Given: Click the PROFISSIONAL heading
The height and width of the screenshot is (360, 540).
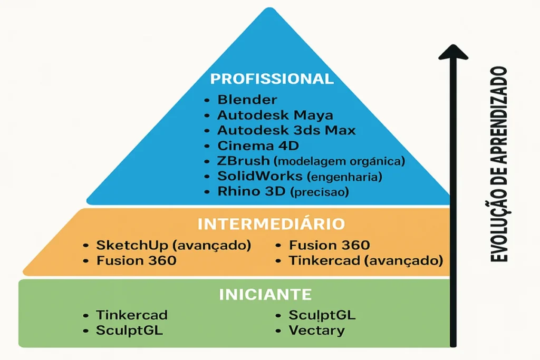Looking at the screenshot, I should tap(272, 79).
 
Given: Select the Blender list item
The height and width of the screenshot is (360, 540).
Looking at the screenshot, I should tap(247, 100).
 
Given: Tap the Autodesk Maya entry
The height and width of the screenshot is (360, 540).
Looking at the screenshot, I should tap(275, 115).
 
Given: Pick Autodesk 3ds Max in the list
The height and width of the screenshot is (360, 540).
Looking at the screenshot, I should tap(286, 130).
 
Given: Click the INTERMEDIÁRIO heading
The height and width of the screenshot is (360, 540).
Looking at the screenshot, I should tap(271, 224).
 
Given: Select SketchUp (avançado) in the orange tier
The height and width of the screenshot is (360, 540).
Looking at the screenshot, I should tap(173, 246).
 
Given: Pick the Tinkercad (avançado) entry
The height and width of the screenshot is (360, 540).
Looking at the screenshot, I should tap(365, 260).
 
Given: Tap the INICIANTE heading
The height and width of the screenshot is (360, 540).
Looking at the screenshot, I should tap(265, 295).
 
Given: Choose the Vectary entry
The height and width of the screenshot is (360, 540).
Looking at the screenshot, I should tap(316, 331).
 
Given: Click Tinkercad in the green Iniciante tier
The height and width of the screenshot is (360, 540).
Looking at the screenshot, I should tap(132, 315).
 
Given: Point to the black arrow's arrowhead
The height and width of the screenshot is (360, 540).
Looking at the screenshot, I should tap(453, 51).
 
